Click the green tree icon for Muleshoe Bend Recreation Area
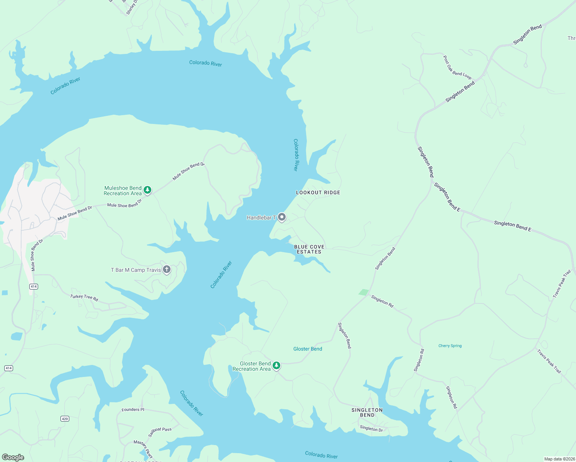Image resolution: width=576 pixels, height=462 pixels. coord(147,190)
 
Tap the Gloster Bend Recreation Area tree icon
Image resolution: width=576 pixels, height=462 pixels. coord(276,366)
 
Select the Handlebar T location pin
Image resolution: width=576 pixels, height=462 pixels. coord(282,218)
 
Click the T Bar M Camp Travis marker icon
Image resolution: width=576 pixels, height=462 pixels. coord(167,269)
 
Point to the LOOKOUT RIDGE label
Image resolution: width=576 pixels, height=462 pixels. coord(318,192)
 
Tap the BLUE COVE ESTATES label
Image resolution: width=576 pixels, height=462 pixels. coord(309,249)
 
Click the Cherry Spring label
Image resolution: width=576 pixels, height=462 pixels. coord(450,346)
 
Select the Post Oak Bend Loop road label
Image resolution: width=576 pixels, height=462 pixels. coord(457,67)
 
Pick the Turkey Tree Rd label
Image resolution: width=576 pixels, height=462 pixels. coord(84,297)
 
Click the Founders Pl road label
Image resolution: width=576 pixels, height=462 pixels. coord(133,410)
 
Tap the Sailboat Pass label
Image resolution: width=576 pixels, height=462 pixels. coord(160,432)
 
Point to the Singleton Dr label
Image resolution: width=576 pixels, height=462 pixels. coord(371,429)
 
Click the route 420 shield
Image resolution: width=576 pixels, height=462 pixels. coord(65,418)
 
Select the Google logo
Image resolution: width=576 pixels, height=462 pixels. coord(13,457)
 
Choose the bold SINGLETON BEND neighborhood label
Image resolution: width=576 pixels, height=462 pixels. coord(367,412)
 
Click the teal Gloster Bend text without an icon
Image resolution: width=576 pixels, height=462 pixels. coord(308,349)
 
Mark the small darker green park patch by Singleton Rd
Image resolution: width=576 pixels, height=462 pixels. coord(363,292)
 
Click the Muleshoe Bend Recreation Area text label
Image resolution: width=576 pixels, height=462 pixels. coord(122,191)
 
